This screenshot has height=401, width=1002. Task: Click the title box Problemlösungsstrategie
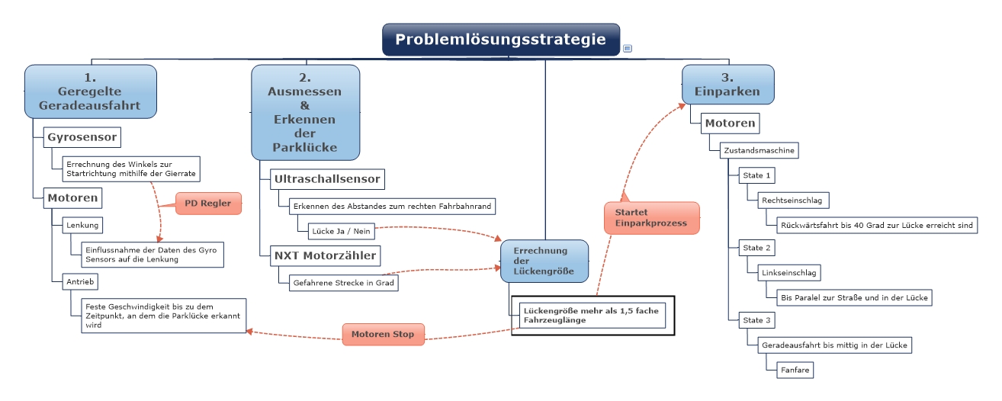click(500, 40)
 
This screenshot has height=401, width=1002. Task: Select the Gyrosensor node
click(82, 137)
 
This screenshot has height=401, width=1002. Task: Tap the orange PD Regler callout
click(208, 204)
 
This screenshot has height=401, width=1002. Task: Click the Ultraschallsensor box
click(327, 180)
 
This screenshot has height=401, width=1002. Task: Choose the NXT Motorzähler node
click(326, 255)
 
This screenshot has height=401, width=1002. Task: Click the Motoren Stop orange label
click(383, 334)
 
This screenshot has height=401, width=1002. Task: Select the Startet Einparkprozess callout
click(650, 217)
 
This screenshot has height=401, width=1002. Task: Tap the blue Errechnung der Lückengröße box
click(544, 261)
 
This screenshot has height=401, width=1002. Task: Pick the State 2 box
click(757, 248)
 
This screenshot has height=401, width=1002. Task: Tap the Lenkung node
click(82, 226)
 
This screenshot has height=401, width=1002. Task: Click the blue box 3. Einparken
click(727, 84)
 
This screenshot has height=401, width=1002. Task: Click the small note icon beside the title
click(627, 48)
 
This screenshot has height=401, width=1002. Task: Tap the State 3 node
click(757, 320)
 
